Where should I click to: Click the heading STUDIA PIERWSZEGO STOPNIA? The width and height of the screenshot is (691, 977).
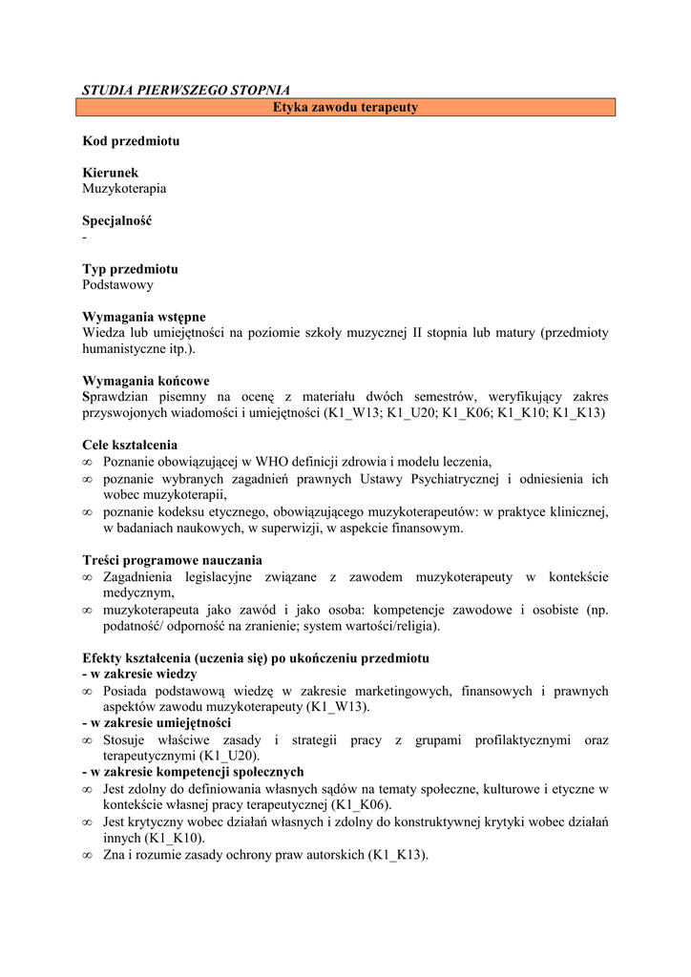pyautogui.click(x=185, y=91)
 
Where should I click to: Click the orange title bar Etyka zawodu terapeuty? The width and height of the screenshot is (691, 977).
pyautogui.click(x=345, y=108)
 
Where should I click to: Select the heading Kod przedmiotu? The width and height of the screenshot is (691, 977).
pyautogui.click(x=131, y=141)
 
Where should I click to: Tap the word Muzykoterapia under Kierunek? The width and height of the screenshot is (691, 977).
pyautogui.click(x=124, y=189)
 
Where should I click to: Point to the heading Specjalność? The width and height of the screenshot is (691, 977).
pyautogui.click(x=116, y=221)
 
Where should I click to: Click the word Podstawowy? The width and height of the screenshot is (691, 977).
pyautogui.click(x=117, y=285)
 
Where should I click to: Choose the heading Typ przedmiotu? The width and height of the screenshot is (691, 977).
pyautogui.click(x=130, y=269)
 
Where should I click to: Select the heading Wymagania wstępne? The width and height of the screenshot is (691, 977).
pyautogui.click(x=143, y=317)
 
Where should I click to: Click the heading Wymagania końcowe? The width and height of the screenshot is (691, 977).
pyautogui.click(x=146, y=381)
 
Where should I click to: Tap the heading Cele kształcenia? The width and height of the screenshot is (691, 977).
pyautogui.click(x=130, y=445)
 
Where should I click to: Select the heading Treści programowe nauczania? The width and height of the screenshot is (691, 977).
pyautogui.click(x=172, y=560)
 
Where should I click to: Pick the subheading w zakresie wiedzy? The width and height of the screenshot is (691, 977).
pyautogui.click(x=139, y=674)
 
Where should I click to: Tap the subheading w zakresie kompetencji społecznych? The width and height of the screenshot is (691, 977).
pyautogui.click(x=193, y=772)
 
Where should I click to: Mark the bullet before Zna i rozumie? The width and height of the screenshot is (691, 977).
pyautogui.click(x=88, y=855)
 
